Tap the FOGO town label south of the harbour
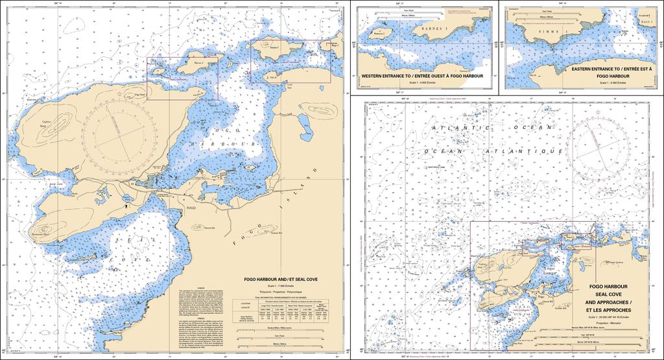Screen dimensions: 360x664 pyautogui.click(x=191, y=208)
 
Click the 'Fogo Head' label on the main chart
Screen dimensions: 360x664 pyautogui.click(x=137, y=94)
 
